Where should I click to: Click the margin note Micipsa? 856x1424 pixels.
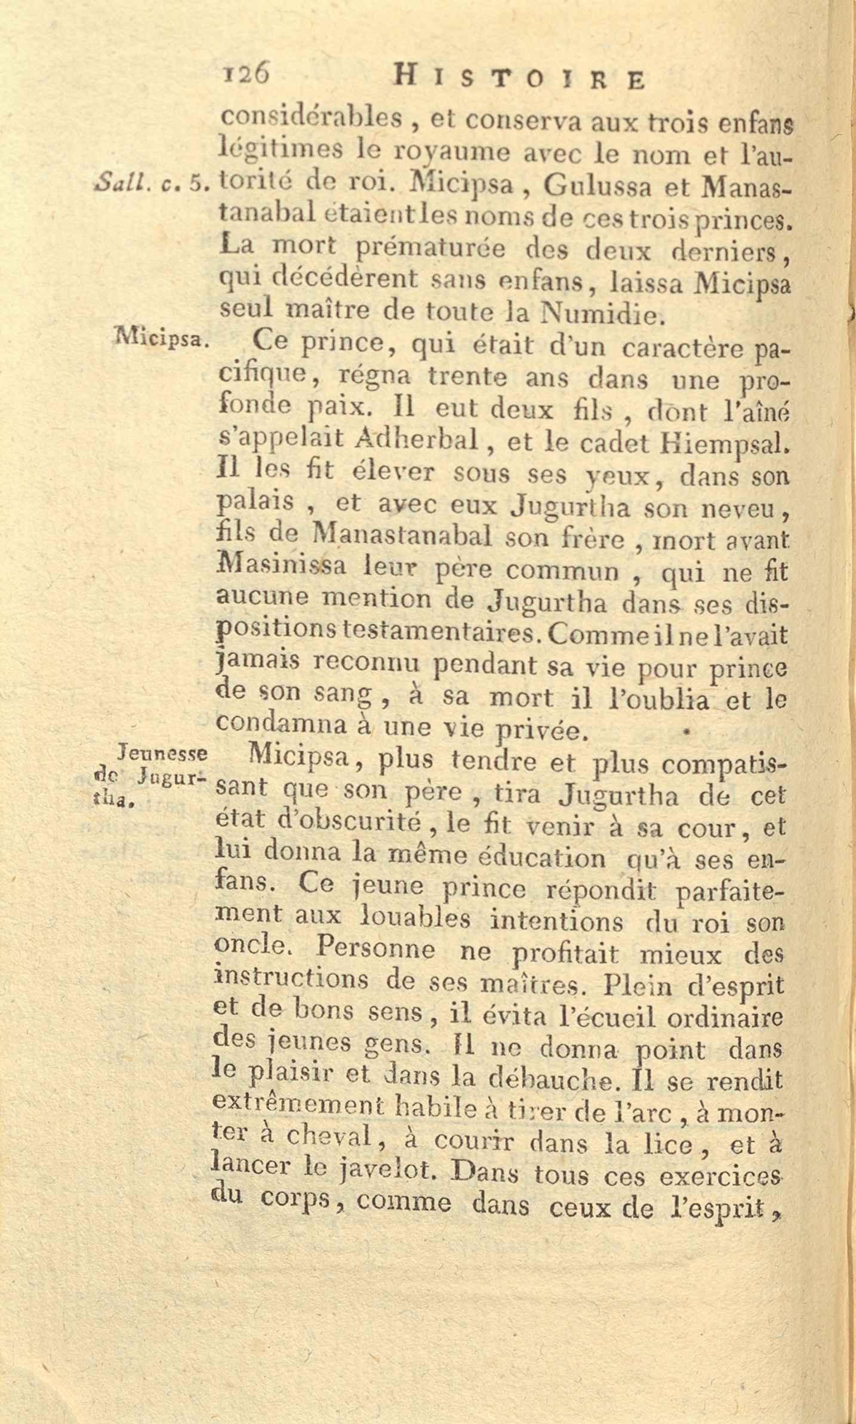(x=162, y=340)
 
